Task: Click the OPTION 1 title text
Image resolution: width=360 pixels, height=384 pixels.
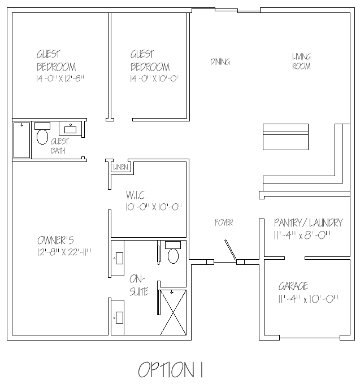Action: [x=171, y=370]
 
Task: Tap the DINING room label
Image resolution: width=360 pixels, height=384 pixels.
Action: [x=220, y=62]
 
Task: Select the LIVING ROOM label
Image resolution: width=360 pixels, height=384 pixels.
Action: [x=301, y=62]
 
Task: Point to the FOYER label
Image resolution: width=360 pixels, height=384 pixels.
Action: [x=224, y=222]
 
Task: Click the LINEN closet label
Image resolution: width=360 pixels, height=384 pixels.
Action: [x=120, y=167]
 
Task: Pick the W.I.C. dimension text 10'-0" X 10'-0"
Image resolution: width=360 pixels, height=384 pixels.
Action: [x=154, y=207]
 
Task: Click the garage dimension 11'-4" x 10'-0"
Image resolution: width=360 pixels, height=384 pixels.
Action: [x=308, y=299]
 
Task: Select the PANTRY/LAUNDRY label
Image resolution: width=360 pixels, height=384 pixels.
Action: [x=309, y=223]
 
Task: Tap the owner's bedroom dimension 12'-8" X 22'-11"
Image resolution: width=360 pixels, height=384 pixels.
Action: [x=64, y=252]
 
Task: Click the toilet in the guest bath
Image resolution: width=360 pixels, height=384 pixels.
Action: [x=42, y=133]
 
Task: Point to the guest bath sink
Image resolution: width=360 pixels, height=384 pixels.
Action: [x=70, y=128]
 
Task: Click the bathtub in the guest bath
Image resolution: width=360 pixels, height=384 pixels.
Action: [x=22, y=140]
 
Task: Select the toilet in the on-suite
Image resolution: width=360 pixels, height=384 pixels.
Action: [x=173, y=252]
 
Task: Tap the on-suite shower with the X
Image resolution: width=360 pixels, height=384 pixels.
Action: [x=174, y=312]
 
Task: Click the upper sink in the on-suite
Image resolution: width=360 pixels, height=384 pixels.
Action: [x=118, y=258]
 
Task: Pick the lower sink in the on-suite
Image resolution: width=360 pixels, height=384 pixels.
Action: [x=118, y=317]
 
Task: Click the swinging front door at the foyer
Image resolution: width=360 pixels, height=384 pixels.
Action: [x=231, y=250]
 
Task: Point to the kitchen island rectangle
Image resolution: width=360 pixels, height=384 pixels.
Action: [x=285, y=137]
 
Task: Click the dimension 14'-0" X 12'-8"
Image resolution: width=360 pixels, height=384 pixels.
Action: [x=60, y=78]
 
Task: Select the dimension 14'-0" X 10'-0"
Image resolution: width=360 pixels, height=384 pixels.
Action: [x=155, y=78]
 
